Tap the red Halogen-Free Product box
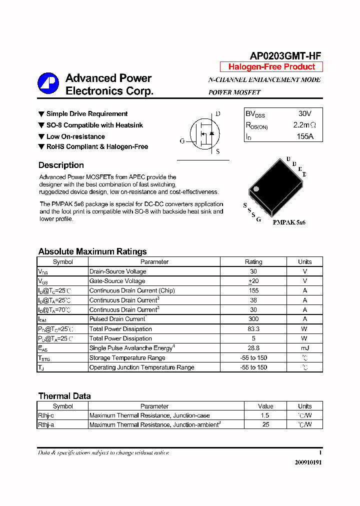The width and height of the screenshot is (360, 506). coord(271,67)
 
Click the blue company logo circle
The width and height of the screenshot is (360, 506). coord(48,84)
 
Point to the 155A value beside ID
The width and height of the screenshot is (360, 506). coord(304,136)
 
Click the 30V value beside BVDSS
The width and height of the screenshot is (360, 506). coord(304,114)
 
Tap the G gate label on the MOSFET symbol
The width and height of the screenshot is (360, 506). coord(182,141)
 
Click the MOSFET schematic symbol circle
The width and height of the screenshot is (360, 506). coord(206,134)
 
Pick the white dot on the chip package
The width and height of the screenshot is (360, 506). coord(256,189)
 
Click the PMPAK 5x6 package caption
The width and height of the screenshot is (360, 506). coord(289,222)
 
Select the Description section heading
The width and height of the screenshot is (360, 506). coord(61,165)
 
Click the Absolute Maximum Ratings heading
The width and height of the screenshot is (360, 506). coord(92,251)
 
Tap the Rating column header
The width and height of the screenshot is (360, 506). coord(253,262)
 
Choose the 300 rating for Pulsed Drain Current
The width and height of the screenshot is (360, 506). coord(253,319)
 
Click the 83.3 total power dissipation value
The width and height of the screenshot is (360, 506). coord(253,329)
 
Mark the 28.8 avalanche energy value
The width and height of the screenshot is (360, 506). coord(253,348)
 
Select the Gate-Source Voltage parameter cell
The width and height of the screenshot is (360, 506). coord(117,281)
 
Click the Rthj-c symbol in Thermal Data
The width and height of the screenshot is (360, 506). coord(46,415)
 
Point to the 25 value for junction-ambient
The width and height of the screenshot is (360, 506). coord(265,424)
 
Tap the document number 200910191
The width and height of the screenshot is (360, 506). coord(308,462)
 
